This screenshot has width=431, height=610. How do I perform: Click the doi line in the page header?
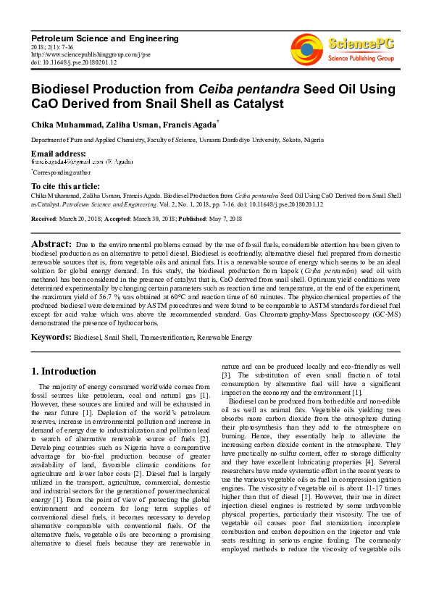pos(72,61)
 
